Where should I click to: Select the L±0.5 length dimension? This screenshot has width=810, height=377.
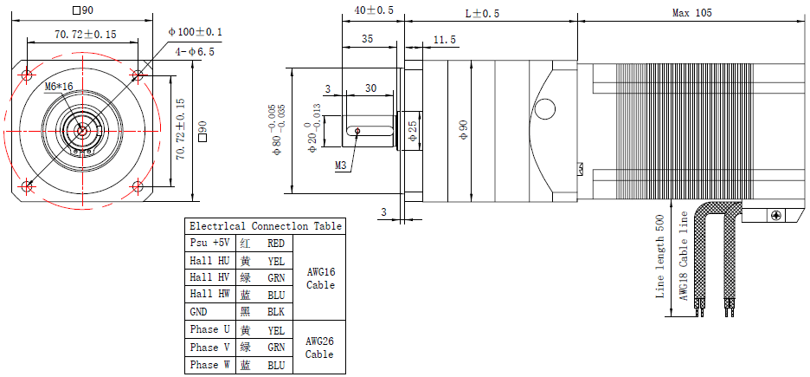482,13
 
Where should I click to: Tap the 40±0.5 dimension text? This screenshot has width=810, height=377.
374,10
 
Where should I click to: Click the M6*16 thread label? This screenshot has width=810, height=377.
59,87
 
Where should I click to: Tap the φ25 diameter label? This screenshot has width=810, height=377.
413,131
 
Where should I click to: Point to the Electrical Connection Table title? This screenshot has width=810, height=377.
265,226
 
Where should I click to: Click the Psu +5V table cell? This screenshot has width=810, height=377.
209,244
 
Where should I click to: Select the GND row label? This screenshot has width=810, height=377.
199,311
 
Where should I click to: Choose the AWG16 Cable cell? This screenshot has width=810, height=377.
319,277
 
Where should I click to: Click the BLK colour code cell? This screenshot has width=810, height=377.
276,311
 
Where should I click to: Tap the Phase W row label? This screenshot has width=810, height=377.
209,365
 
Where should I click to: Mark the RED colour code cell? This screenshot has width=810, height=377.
276,244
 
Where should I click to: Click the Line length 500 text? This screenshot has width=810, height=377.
660,257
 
